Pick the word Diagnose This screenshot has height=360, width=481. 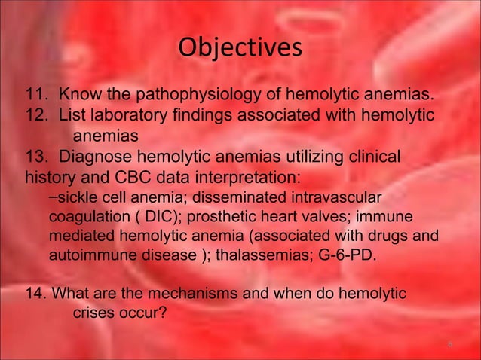(98, 159)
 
